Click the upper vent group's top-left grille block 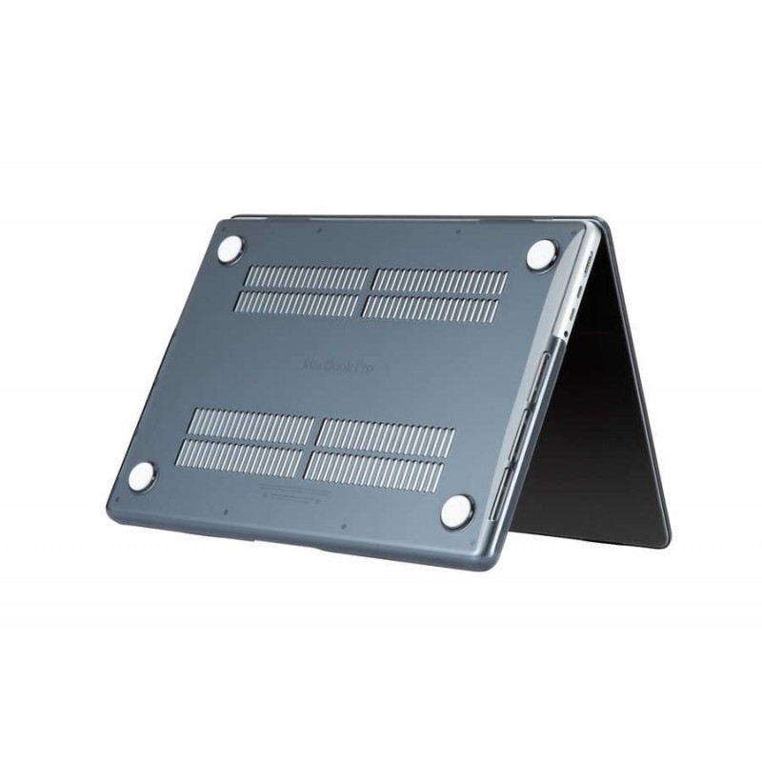pos(308,278)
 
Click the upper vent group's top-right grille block pos(439,280)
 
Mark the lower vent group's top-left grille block pos(251,425)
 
